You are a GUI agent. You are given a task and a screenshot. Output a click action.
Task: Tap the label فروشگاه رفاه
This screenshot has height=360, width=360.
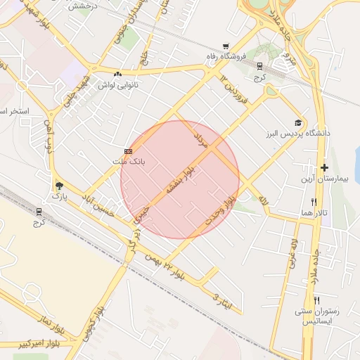(x=226, y=56)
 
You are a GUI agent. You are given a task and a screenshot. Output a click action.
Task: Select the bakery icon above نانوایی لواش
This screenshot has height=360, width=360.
(x=117, y=74)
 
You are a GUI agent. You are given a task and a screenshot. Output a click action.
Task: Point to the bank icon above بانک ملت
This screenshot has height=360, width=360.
(x=128, y=151)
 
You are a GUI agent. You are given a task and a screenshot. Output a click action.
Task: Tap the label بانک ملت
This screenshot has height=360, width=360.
(x=129, y=161)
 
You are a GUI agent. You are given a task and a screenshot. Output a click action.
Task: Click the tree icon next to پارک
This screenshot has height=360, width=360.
(x=59, y=186)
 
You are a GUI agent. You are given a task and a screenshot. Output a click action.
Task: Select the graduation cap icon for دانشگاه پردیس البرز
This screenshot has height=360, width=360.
(x=300, y=122)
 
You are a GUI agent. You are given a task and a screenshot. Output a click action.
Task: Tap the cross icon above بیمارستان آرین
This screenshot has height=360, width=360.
(x=324, y=167)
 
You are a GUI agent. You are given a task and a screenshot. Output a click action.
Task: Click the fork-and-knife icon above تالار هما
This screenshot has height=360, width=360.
(x=314, y=202)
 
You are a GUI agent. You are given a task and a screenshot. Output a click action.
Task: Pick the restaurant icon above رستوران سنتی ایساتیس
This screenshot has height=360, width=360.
(x=316, y=300)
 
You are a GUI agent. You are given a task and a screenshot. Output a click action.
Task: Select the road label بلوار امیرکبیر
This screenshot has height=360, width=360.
(x=25, y=344)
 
